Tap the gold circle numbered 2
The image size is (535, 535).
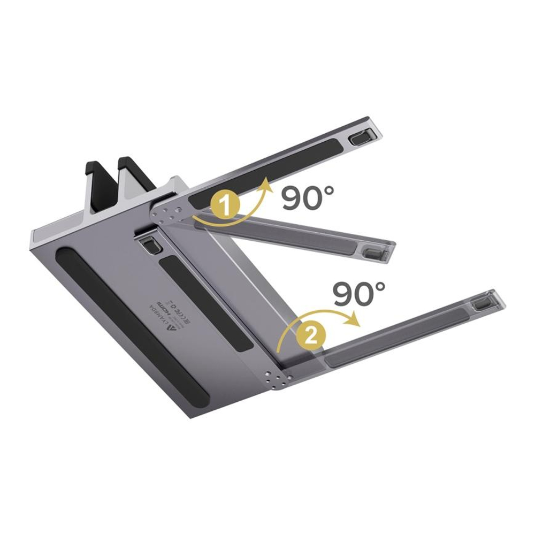[x=312, y=335]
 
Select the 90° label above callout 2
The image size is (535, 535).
[x=359, y=294]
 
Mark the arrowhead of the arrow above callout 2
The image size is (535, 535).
[x=353, y=322]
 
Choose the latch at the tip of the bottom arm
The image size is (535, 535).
[x=484, y=303]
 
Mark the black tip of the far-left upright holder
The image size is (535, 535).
[x=94, y=166]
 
